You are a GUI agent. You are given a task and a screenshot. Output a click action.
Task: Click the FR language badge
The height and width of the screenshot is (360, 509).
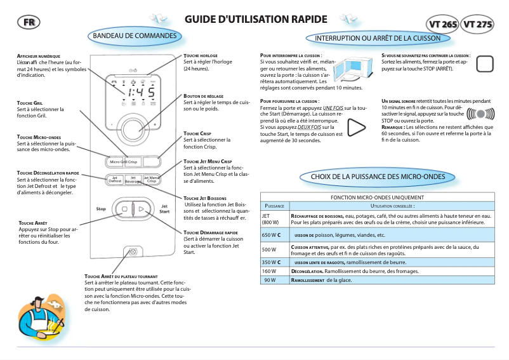click(27, 22)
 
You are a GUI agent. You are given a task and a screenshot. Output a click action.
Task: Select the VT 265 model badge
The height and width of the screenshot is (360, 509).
click(442, 25)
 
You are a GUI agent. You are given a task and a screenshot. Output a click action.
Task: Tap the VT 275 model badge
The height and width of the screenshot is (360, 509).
click(477, 25)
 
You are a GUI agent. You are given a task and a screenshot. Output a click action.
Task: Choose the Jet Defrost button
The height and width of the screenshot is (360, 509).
click(115, 180)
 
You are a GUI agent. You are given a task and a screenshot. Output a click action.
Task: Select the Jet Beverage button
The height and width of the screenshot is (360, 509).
click(133, 180)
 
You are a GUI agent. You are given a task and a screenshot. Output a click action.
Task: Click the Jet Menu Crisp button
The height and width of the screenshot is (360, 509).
click(150, 180)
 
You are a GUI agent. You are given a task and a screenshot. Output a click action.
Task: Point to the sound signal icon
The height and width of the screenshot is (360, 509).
click(480, 114)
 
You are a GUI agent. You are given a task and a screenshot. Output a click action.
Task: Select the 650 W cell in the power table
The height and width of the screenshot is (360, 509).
click(274, 235)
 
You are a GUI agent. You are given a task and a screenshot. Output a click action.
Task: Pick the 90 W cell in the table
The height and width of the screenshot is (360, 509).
click(274, 280)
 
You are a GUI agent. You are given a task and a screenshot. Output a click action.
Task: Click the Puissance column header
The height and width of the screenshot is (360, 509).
click(274, 206)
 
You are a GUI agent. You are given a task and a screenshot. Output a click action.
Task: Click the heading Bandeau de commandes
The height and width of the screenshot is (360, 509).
click(135, 36)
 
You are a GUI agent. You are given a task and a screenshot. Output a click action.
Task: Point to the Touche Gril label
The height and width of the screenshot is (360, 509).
click(30, 102)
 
